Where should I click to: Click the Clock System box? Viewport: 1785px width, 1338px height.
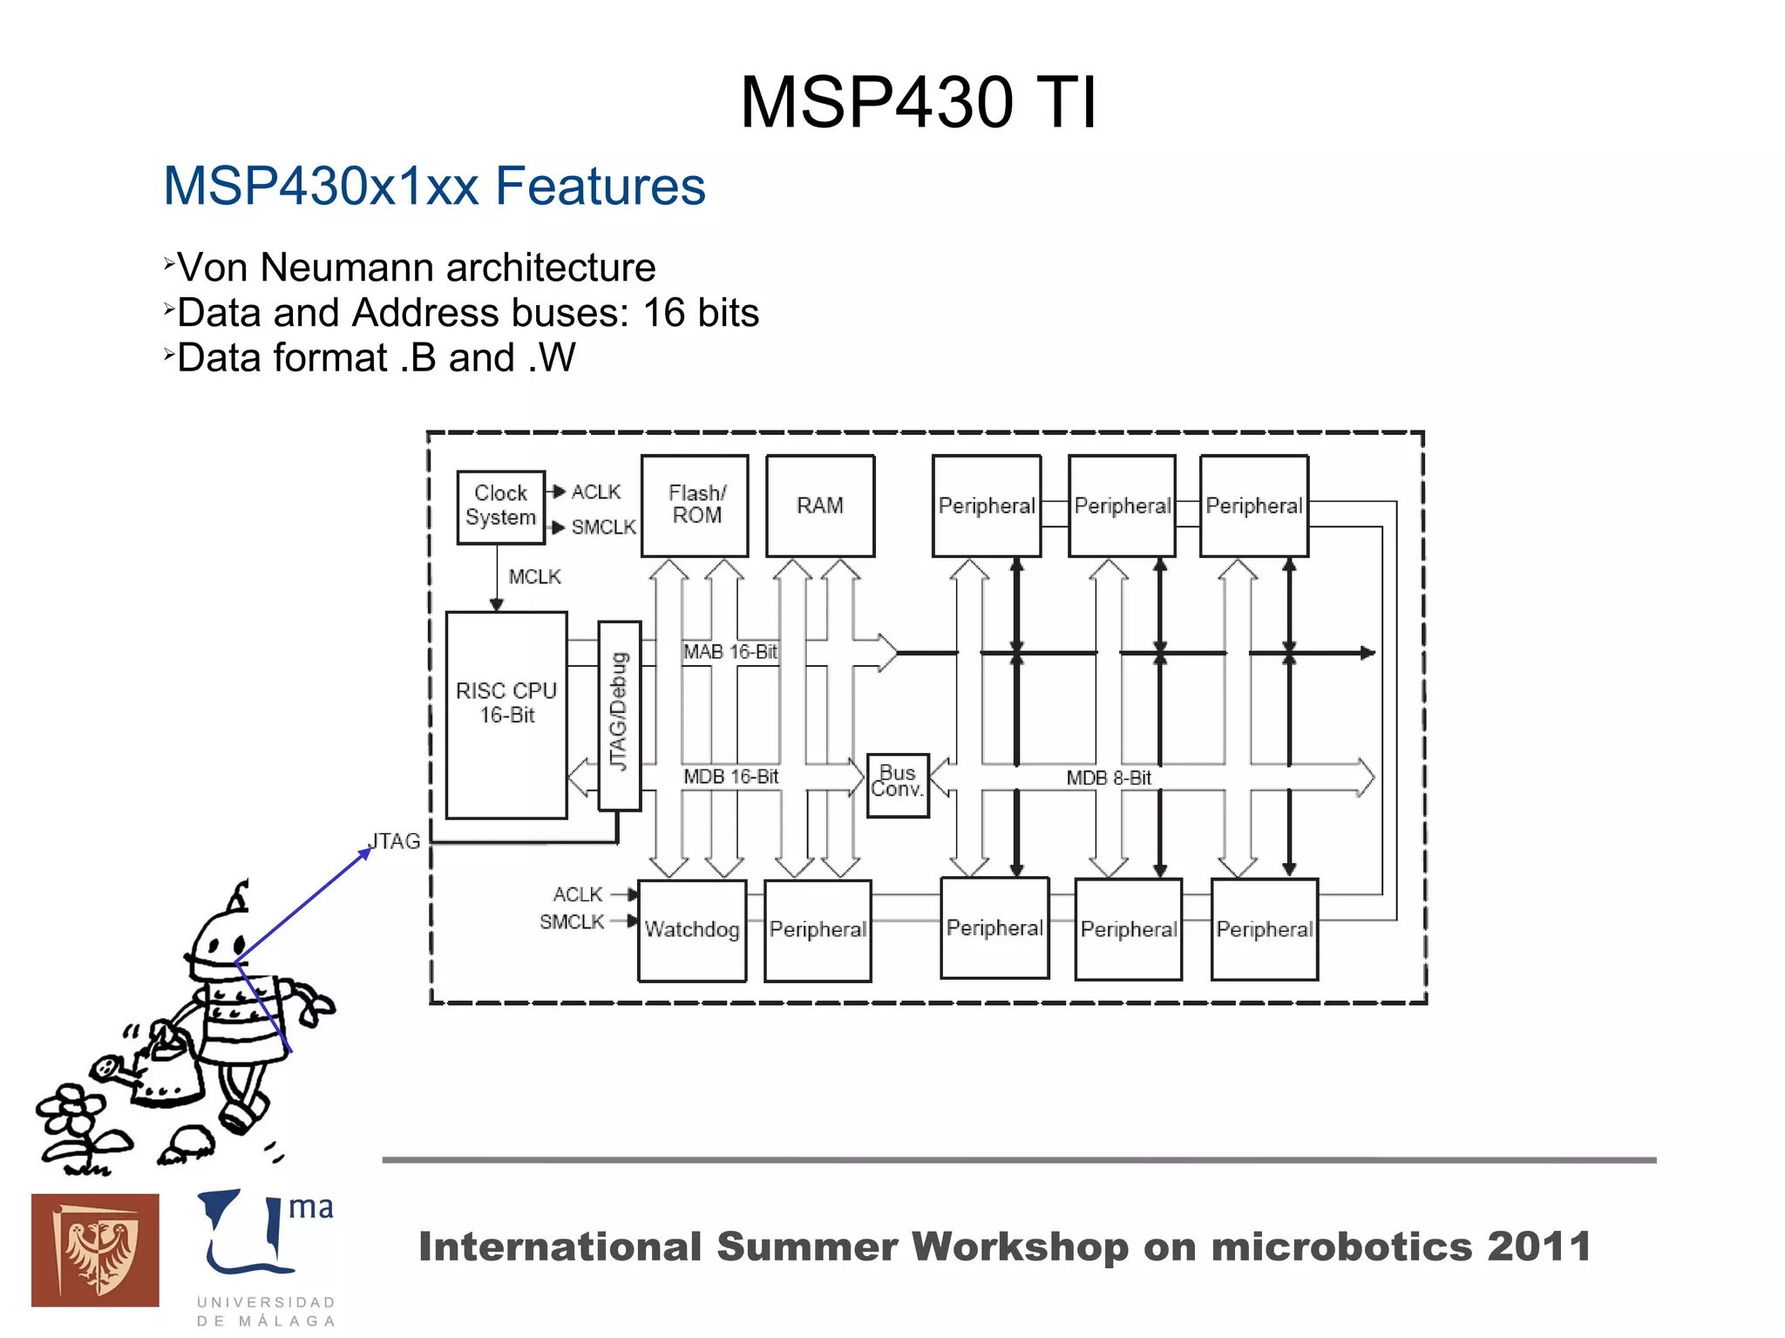coord(501,506)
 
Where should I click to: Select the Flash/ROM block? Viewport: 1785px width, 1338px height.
coord(695,505)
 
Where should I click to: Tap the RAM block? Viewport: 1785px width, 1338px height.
coord(819,505)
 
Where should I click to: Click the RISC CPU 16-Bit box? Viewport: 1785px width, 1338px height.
coord(506,714)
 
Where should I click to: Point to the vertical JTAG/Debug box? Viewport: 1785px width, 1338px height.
coord(619,714)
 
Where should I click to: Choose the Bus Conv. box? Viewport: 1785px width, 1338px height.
coord(898,784)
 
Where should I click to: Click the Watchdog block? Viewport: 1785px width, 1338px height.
coord(692,929)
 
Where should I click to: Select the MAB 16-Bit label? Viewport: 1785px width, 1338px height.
coord(730,652)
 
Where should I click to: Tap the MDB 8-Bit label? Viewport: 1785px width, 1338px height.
coord(1109,778)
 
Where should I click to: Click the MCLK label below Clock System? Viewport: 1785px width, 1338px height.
coord(534,577)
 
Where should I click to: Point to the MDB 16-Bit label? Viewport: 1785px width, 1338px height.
coord(730,777)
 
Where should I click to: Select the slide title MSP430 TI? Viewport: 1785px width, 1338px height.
coord(918,103)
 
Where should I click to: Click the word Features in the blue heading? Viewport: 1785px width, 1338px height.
coord(600,187)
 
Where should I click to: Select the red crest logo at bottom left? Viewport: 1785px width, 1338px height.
coord(95,1249)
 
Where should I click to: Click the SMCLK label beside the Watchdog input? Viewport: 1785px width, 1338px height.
coord(572,921)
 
